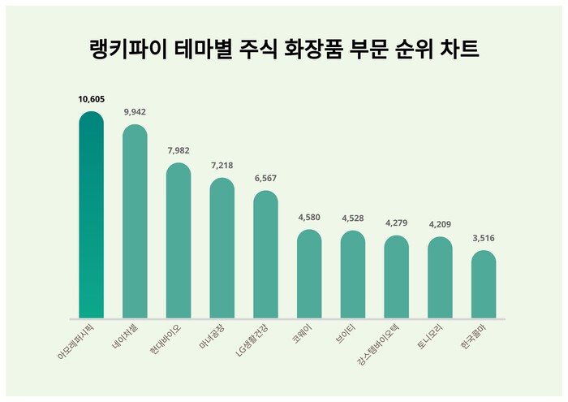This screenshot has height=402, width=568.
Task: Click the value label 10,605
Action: (91, 99)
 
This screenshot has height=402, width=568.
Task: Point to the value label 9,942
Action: (135, 112)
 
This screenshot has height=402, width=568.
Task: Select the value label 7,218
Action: (222, 165)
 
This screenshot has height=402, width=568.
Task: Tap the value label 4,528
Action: (353, 218)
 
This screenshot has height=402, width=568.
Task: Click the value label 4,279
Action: (396, 223)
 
